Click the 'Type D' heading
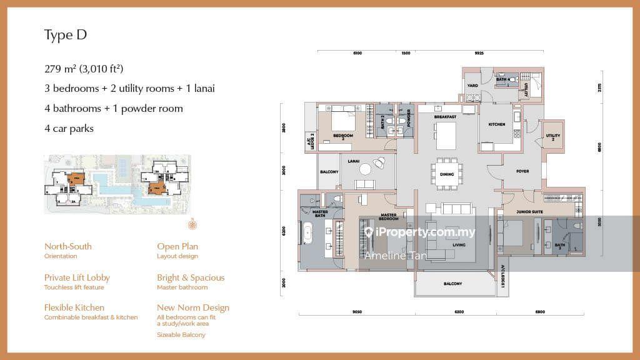(65, 35)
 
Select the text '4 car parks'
(69, 128)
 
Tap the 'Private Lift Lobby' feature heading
(77, 277)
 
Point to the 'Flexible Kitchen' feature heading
(74, 307)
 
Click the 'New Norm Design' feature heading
(193, 307)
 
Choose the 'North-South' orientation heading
(67, 246)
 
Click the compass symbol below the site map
(192, 224)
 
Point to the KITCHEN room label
(496, 124)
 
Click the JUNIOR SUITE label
(528, 212)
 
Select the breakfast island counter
(446, 135)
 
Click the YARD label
(473, 86)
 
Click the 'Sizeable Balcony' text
(181, 335)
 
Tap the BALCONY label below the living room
(453, 284)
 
